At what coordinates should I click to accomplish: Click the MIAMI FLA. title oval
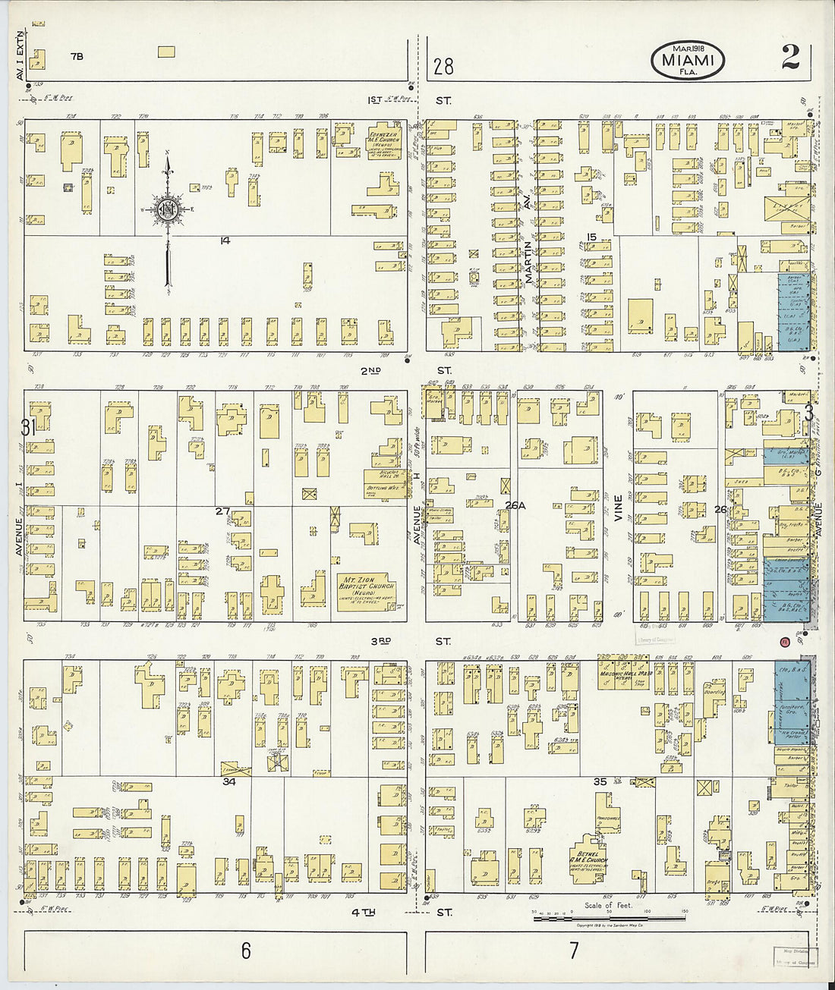click(687, 60)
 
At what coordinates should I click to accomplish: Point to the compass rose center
click(169, 210)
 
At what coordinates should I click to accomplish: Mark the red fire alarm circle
click(785, 643)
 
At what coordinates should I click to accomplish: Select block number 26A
click(516, 504)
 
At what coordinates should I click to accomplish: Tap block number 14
click(225, 240)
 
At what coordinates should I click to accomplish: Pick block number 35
click(600, 781)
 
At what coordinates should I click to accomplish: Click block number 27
click(222, 511)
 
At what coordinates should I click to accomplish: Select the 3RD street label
click(380, 641)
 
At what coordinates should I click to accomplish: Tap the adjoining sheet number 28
click(443, 67)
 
